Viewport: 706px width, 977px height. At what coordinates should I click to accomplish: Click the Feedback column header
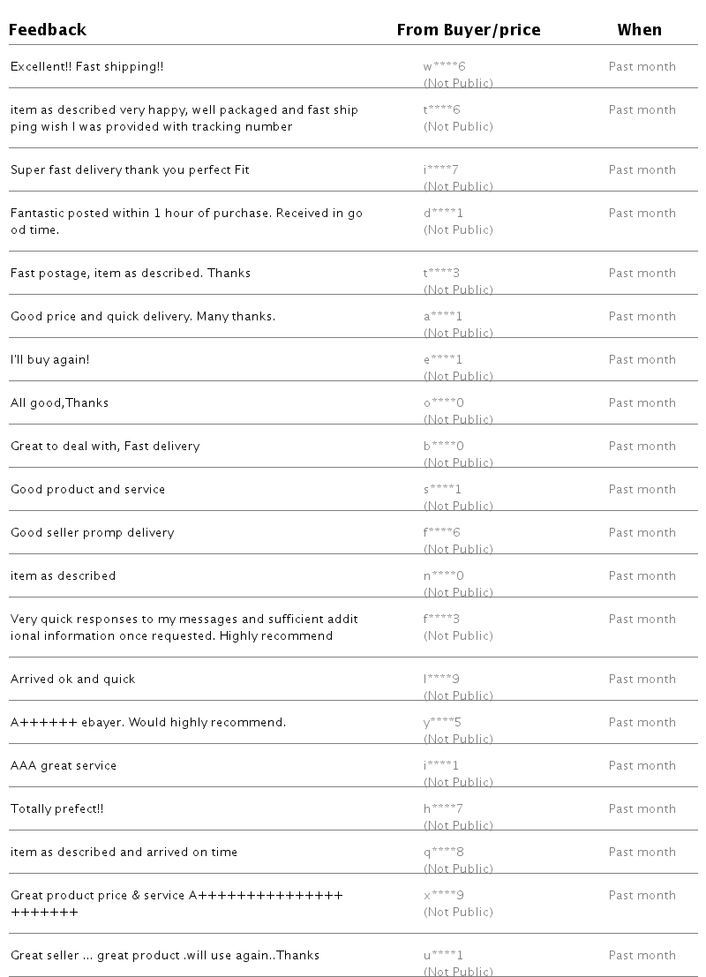coord(48,30)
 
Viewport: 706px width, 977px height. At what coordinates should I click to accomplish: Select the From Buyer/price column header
coord(468,30)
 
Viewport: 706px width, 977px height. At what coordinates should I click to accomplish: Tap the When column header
coord(639,30)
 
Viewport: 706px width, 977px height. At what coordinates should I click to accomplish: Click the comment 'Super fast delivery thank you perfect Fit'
coord(130,169)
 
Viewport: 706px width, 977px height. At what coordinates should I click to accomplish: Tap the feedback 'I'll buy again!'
coord(50,359)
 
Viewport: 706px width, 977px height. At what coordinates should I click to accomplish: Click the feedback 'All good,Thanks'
coord(59,402)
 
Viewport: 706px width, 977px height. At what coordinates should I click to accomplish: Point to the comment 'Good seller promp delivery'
coord(92,532)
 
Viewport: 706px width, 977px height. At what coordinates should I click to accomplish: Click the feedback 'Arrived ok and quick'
coord(72,679)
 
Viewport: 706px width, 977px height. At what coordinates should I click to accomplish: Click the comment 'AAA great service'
coord(64,765)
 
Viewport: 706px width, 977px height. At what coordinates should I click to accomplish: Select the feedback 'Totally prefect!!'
coord(56,808)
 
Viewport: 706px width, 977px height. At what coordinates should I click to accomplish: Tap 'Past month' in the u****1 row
coord(642,955)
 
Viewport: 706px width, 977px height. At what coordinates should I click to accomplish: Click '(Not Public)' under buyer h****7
coord(458,825)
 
